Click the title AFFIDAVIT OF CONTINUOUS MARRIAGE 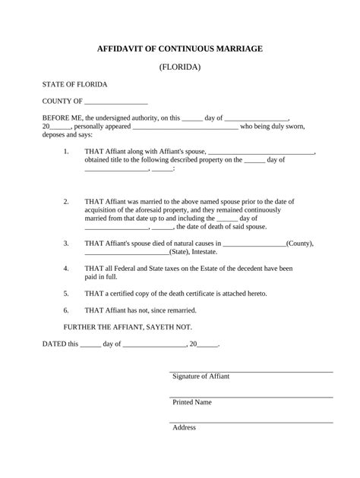(x=180, y=48)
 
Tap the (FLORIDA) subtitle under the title (x=180, y=67)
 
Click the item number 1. (x=67, y=151)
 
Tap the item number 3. (x=67, y=244)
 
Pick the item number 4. (x=67, y=269)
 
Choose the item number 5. (x=67, y=293)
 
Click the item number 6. (x=67, y=310)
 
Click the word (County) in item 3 (x=300, y=244)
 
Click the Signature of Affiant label (x=201, y=376)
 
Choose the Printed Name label (x=192, y=402)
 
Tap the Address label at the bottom (x=184, y=427)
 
